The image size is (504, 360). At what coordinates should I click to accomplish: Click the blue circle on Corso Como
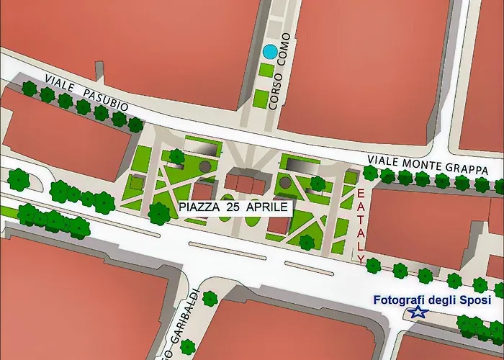(x=269, y=52)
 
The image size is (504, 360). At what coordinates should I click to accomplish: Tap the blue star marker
(x=417, y=312)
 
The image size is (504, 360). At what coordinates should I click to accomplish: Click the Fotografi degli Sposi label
(x=431, y=300)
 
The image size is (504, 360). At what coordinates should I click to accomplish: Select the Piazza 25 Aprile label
(x=235, y=207)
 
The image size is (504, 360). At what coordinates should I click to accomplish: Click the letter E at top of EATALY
(x=361, y=194)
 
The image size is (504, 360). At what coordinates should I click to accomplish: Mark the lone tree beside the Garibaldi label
(x=210, y=297)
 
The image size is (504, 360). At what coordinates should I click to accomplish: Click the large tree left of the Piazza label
(x=158, y=212)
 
